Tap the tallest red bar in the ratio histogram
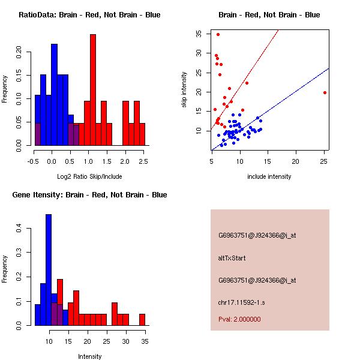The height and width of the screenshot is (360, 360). (x=93, y=90)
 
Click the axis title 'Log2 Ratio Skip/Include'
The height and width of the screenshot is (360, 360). (x=88, y=176)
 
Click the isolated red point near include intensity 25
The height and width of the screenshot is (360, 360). (x=325, y=92)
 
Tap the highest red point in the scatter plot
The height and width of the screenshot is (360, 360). (x=218, y=34)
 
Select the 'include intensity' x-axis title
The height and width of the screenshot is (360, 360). (x=269, y=176)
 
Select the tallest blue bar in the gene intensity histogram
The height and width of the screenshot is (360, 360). (x=49, y=270)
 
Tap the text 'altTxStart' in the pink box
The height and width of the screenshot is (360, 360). (x=232, y=258)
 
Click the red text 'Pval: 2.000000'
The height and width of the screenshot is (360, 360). (x=239, y=319)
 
